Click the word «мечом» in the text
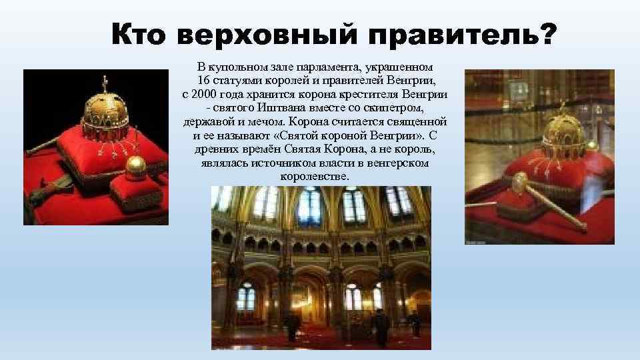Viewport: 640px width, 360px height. point(267,123)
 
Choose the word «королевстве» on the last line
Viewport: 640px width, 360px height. point(315,177)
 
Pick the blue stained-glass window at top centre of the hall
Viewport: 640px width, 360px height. point(311,206)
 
